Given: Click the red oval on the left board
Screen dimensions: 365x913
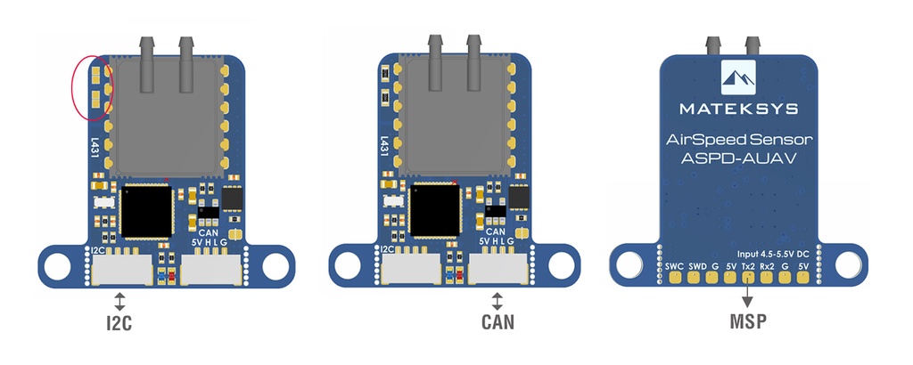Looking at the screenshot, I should click(92, 87).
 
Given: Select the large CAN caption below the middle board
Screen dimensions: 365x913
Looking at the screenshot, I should click(497, 323).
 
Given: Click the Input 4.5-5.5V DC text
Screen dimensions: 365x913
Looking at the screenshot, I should click(774, 253).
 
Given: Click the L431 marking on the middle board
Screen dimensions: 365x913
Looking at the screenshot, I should click(383, 147).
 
